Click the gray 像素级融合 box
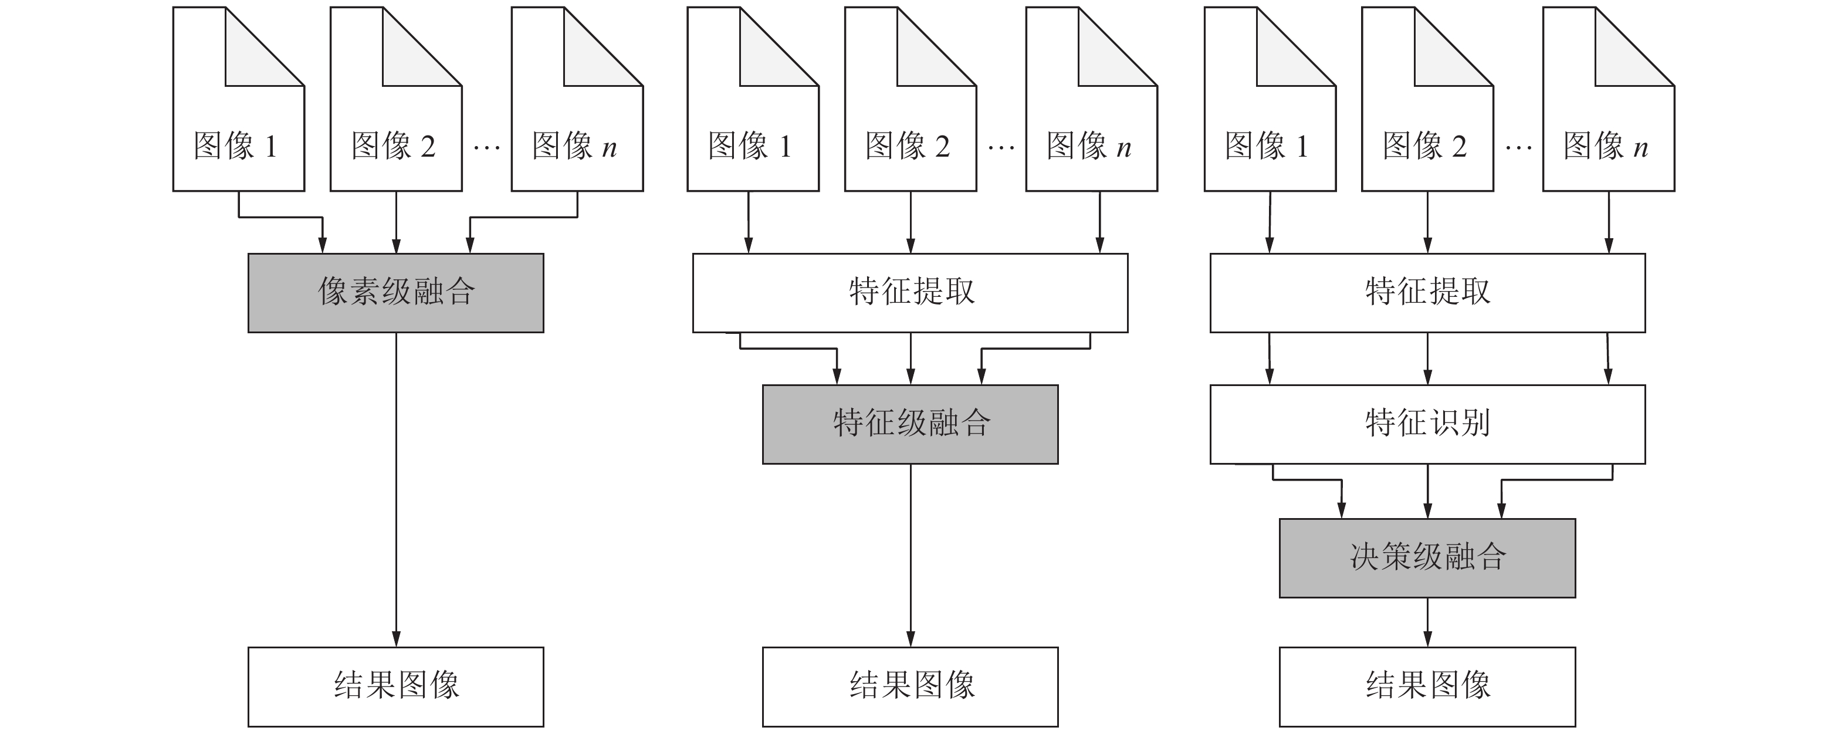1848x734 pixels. [395, 293]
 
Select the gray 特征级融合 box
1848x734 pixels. [910, 424]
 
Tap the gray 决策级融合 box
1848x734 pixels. [1427, 557]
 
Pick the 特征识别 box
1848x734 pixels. [1427, 424]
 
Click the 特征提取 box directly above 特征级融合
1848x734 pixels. [910, 293]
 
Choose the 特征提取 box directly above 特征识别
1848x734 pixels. [1427, 293]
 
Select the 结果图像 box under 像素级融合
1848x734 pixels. [395, 686]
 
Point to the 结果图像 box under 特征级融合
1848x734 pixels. [910, 686]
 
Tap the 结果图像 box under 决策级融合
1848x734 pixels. [1427, 686]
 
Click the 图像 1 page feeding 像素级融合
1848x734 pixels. [238, 129]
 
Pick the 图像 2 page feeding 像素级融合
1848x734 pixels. [395, 129]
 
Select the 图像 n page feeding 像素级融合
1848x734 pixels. [577, 129]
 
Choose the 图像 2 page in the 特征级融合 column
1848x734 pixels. [910, 129]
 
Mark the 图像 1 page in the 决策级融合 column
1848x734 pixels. [1270, 129]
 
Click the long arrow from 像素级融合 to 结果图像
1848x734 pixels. [396, 488]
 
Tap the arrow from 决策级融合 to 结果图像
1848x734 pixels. [1427, 622]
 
